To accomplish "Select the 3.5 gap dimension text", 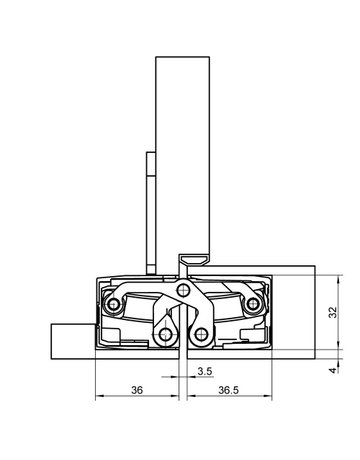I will [x=204, y=371].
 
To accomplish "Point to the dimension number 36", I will [x=137, y=389].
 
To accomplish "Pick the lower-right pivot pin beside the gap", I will [x=202, y=333].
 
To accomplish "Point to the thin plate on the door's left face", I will [x=150, y=210].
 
